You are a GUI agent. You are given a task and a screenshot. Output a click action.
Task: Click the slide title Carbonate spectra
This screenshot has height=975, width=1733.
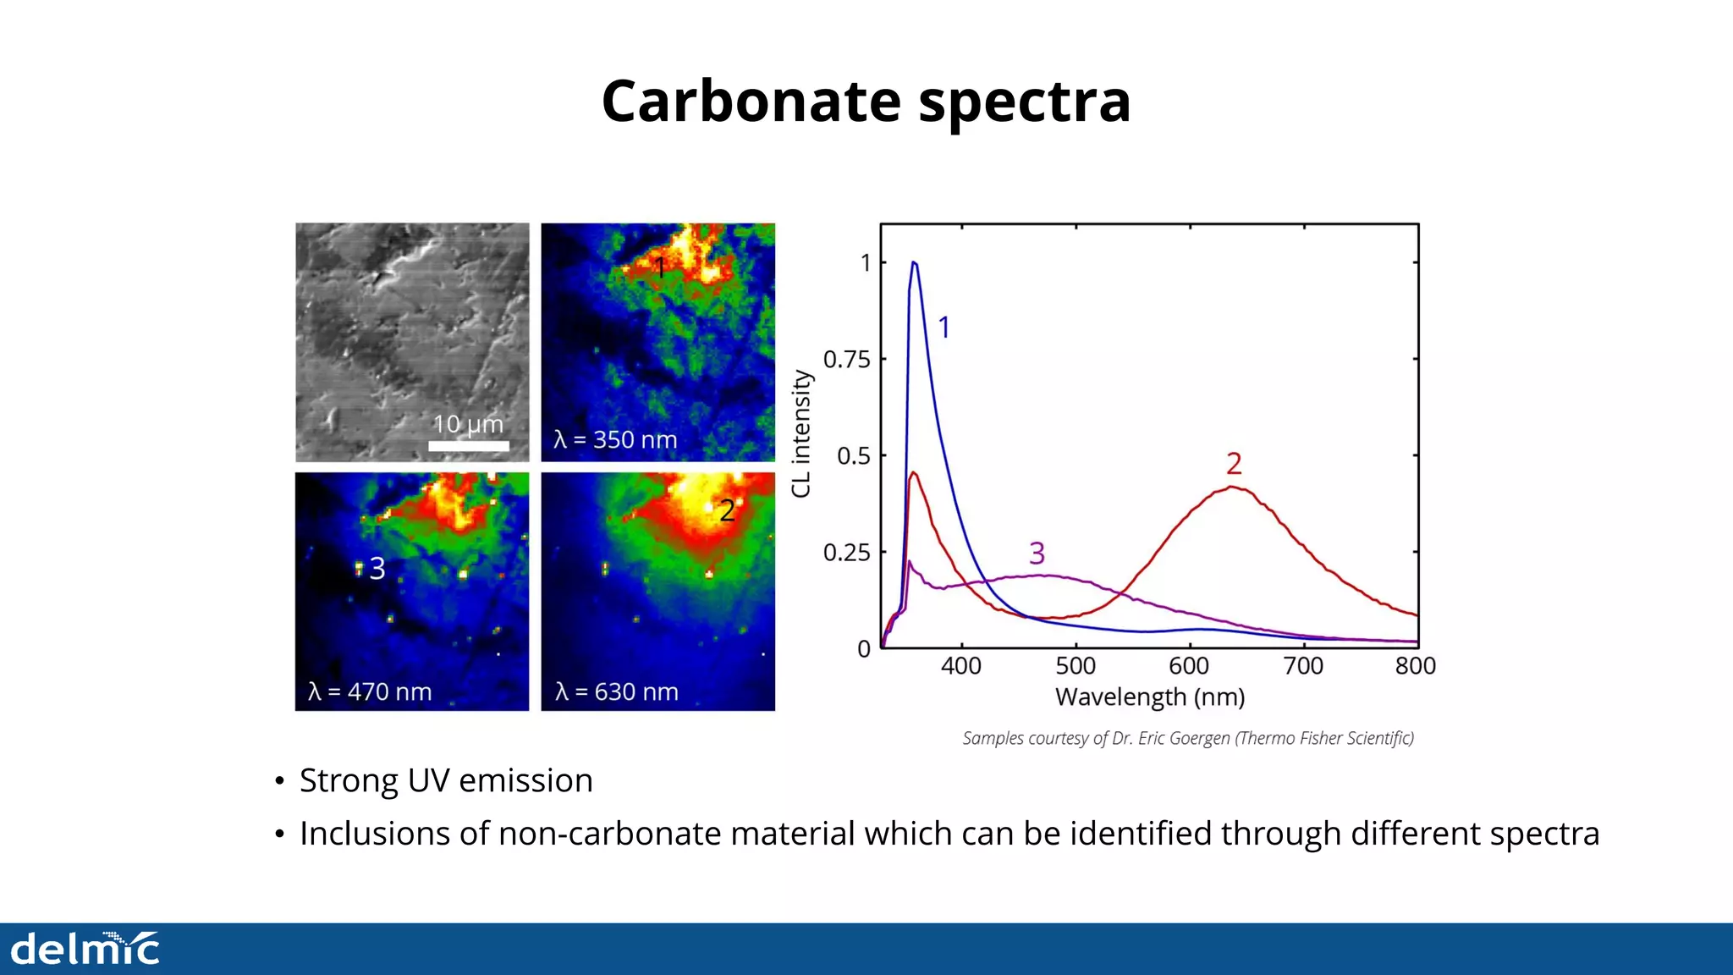pos(866,102)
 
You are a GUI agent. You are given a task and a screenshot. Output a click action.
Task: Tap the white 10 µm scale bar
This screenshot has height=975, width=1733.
pos(469,446)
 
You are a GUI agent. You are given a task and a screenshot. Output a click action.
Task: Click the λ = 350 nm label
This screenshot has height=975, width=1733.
pos(615,440)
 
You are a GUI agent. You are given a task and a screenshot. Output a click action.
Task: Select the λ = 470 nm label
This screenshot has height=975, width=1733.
pos(370,692)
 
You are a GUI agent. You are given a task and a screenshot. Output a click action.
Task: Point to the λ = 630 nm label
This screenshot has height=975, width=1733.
pos(616,692)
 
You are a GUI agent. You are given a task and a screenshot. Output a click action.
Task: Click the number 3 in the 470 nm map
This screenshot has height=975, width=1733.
pos(377,569)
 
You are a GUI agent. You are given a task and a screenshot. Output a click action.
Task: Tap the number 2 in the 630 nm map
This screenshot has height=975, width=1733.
pos(727,510)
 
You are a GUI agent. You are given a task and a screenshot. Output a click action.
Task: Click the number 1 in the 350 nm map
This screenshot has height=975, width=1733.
pos(661,268)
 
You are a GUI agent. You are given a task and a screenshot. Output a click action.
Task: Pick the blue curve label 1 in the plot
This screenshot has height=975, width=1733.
pos(944,328)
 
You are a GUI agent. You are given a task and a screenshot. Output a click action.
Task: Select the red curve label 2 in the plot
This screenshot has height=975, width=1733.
pos(1234,464)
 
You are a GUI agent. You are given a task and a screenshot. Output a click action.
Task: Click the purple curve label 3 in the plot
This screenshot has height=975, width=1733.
pos(1037,554)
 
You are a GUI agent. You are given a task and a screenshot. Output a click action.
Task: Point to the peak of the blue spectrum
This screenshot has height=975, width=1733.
pos(914,263)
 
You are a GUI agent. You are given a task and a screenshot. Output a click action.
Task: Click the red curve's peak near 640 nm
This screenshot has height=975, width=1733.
pos(1234,487)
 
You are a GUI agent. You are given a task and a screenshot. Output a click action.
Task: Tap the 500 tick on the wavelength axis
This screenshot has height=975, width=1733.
pos(1076,666)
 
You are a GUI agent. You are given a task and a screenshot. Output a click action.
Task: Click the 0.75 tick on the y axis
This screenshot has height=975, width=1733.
pos(846,360)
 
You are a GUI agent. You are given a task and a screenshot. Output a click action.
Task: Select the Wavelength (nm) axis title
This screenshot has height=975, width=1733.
pos(1150,697)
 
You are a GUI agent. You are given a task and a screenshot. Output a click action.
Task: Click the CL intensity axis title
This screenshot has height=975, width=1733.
pos(800,434)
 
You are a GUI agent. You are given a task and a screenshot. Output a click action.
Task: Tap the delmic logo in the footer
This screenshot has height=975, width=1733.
pos(85,949)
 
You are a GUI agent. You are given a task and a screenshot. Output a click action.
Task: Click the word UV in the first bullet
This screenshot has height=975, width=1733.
pos(428,780)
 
